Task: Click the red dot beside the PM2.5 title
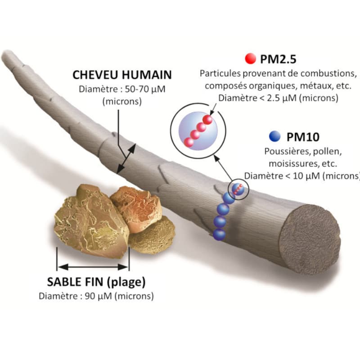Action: click(250, 58)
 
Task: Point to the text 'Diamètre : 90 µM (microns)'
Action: click(96, 296)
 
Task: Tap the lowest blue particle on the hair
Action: click(219, 234)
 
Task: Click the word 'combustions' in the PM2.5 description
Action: click(333, 73)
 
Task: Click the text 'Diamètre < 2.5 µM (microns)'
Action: click(278, 97)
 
